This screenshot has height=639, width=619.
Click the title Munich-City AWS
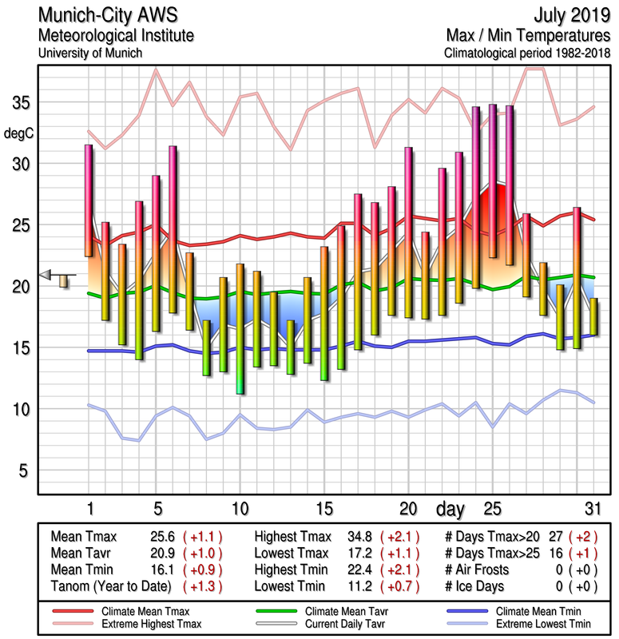[116, 17]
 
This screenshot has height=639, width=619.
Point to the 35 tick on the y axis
[22, 103]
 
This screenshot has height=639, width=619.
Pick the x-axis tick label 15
[323, 509]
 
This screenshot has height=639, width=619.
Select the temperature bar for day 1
[89, 200]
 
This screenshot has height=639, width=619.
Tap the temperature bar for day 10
[240, 328]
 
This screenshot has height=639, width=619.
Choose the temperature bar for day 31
[593, 316]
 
